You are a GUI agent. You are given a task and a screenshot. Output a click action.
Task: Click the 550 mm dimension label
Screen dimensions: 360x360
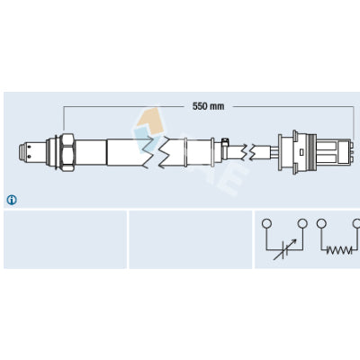point(208,106)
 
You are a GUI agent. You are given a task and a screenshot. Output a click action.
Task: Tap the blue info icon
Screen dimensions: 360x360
point(12,200)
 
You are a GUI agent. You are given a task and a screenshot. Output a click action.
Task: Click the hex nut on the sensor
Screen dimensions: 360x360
point(67,152)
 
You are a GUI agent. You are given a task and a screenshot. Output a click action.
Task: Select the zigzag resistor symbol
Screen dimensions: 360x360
point(339,250)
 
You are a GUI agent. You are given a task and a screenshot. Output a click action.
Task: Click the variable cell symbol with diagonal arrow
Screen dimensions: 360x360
point(285,249)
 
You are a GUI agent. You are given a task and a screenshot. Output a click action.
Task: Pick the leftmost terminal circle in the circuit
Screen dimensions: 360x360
point(266,223)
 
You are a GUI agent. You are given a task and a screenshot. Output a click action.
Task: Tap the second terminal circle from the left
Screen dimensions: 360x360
point(302,223)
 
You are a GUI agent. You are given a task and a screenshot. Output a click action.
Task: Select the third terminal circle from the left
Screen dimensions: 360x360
point(321,223)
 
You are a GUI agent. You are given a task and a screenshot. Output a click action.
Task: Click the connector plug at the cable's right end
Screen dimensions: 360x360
point(314,152)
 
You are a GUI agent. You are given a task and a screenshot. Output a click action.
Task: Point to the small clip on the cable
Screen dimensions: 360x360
point(225,141)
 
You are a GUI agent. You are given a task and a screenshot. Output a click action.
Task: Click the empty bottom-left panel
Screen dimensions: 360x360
point(65,239)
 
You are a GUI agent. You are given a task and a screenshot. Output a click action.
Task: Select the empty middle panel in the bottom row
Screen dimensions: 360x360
point(191,239)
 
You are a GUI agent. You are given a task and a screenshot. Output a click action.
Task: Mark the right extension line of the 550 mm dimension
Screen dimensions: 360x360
point(354,121)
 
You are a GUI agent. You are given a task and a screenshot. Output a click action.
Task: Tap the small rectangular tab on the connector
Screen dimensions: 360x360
point(301,152)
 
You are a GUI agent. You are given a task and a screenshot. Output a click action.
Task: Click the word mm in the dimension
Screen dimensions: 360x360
point(217,106)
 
